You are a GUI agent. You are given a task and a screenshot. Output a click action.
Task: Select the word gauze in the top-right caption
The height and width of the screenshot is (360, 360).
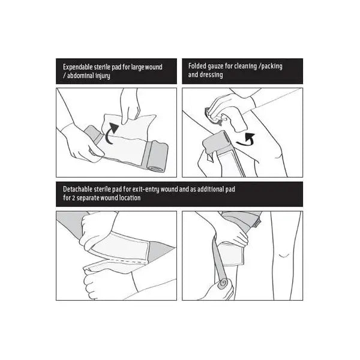[x=214, y=67]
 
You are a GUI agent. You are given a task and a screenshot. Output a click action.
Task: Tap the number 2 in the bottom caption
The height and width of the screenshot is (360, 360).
[x=73, y=198]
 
